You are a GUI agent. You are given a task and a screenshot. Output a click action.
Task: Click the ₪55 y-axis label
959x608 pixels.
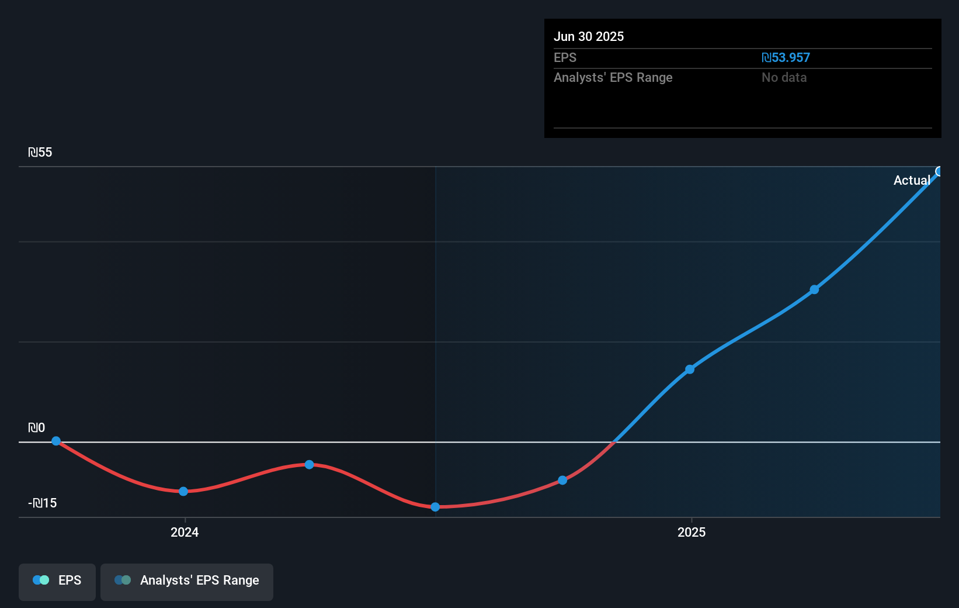point(40,153)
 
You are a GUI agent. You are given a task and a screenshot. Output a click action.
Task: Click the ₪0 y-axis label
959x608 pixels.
point(36,428)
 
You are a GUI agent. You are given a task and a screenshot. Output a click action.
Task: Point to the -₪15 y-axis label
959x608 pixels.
point(43,503)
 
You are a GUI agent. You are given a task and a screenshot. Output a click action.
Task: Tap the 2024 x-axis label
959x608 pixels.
point(185,533)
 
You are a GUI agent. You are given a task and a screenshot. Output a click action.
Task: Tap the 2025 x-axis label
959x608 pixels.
point(692,533)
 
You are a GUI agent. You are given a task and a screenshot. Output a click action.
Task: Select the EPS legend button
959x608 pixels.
point(57,581)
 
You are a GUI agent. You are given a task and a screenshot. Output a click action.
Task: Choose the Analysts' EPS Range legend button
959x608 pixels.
point(187,581)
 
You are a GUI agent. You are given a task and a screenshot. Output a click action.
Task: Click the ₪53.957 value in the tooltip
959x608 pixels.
point(786,58)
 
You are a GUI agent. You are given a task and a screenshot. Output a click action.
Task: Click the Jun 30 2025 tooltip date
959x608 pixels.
point(589,37)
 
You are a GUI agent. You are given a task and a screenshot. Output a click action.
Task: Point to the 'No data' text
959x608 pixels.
point(784,78)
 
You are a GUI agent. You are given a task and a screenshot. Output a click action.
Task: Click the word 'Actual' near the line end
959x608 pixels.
point(911,181)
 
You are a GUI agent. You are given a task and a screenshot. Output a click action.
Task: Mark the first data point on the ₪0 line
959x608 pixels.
point(56,441)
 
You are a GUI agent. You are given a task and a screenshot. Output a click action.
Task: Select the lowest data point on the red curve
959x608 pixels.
point(435,507)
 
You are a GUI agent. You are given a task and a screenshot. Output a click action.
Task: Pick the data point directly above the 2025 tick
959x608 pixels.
point(690,369)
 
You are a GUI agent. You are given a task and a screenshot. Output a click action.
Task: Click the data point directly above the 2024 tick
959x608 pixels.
point(183,492)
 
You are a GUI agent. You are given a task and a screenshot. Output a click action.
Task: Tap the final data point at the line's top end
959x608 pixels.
point(939,171)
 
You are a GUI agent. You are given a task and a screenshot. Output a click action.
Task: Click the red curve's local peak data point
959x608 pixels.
point(310,465)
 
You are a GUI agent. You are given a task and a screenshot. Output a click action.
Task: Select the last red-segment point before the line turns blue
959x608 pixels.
point(562,481)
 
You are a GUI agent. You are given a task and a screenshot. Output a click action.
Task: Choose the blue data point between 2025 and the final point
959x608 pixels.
point(814,290)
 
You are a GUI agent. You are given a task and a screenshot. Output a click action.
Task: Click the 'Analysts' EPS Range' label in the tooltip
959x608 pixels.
point(613,78)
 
